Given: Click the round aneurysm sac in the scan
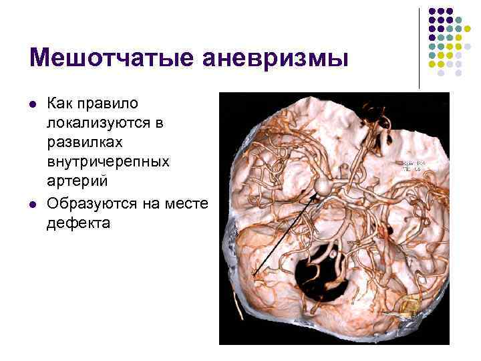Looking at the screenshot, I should point(323,187).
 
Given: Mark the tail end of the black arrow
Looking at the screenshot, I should point(253,275).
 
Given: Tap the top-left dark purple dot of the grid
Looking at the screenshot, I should point(432,11).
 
